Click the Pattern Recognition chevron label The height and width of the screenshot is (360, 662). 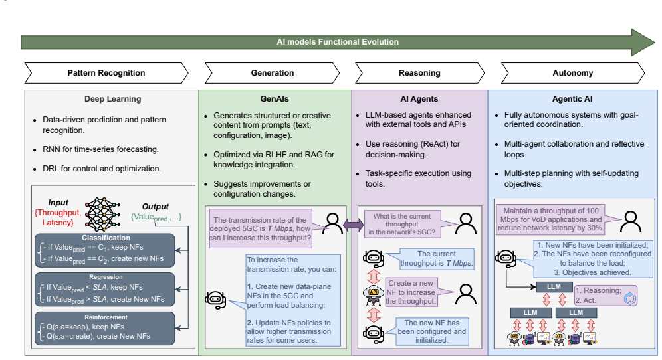pos(106,73)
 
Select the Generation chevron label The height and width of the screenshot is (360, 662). pos(273,73)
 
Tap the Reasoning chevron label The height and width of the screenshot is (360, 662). pos(419,73)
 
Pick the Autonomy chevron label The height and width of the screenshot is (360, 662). pos(572,73)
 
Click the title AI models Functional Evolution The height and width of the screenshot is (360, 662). pos(338,42)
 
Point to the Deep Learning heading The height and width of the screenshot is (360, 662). pos(113,99)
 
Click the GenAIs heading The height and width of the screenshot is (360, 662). pos(275,99)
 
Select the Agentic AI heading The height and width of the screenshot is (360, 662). pos(572,99)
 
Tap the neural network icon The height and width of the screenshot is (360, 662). pos(102,214)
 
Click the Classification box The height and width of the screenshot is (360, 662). pos(105,250)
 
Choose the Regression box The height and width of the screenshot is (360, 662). pos(105,290)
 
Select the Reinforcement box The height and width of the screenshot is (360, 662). pos(105,328)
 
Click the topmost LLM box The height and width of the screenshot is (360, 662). pos(554,287)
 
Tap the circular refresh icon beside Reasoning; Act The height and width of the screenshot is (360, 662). pos(630,299)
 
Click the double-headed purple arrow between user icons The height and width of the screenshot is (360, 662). pos(353,225)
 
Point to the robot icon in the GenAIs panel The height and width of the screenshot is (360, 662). pos(215,300)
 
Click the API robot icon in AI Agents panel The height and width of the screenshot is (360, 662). pos(374,295)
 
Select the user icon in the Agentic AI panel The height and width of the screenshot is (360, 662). pos(630,222)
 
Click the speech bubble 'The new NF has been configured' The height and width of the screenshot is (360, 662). pos(432,331)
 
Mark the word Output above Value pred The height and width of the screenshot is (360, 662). pos(156,207)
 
